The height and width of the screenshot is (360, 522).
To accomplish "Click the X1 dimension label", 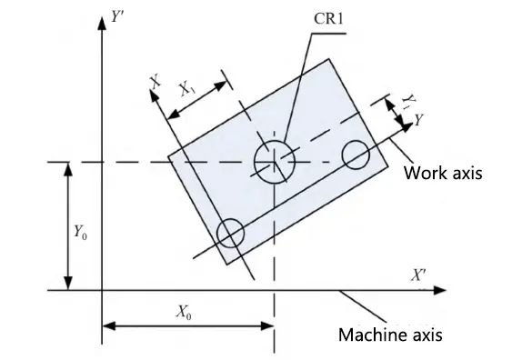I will pyautogui.click(x=188, y=88).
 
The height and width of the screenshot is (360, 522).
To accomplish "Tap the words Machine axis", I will pyautogui.click(x=390, y=335).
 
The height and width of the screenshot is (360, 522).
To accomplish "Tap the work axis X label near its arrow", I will pyautogui.click(x=156, y=83).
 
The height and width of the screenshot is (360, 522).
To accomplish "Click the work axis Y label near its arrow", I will pyautogui.click(x=418, y=119).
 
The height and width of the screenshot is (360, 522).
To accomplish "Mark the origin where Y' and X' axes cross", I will pyautogui.click(x=101, y=290).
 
